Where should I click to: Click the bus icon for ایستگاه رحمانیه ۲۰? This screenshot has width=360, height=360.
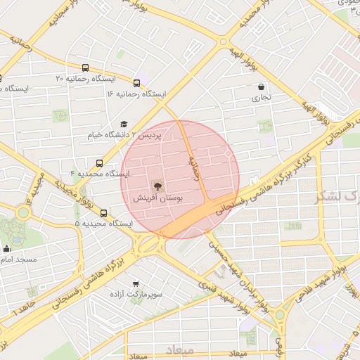click(x=86, y=68)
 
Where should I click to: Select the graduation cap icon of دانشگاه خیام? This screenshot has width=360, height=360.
click(x=124, y=124)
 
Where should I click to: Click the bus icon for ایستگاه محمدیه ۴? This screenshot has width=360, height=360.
click(x=99, y=163)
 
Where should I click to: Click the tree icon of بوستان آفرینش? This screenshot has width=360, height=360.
click(x=157, y=187)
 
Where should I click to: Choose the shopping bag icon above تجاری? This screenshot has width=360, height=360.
click(x=261, y=87)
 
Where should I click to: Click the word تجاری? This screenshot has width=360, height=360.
click(x=261, y=99)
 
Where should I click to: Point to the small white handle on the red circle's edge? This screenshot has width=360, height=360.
click(x=229, y=153)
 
